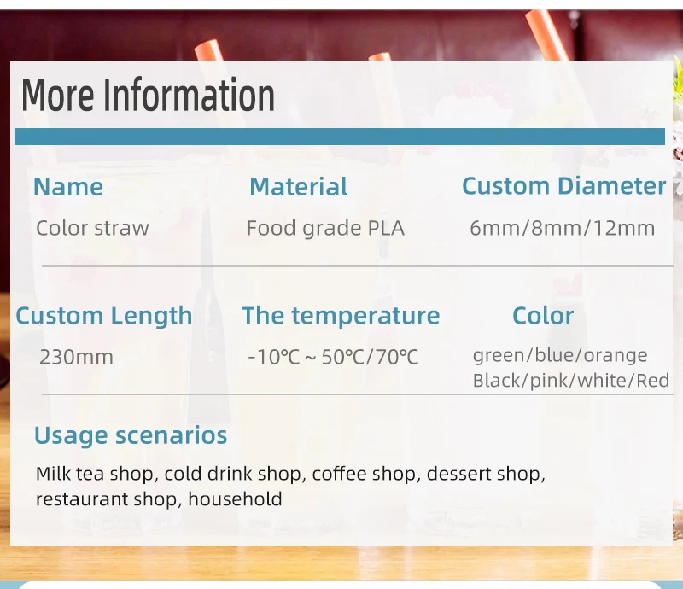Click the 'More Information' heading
pyautogui.click(x=148, y=95)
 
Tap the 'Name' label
pyautogui.click(x=68, y=187)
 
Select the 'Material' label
pyautogui.click(x=298, y=187)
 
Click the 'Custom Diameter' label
pyautogui.click(x=563, y=186)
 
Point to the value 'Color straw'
pyautogui.click(x=92, y=228)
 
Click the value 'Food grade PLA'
pyautogui.click(x=325, y=228)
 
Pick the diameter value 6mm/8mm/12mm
pyautogui.click(x=562, y=228)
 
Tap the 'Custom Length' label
pyautogui.click(x=103, y=316)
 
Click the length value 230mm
pyautogui.click(x=76, y=357)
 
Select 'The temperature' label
pyautogui.click(x=341, y=316)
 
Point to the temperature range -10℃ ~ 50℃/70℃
pyautogui.click(x=333, y=357)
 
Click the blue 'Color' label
pyautogui.click(x=543, y=315)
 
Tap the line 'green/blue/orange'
pyautogui.click(x=560, y=355)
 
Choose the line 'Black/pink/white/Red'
pyautogui.click(x=571, y=381)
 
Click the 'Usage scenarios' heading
pyautogui.click(x=131, y=435)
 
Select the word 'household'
pyautogui.click(x=236, y=499)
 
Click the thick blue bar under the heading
pyautogui.click(x=340, y=137)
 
